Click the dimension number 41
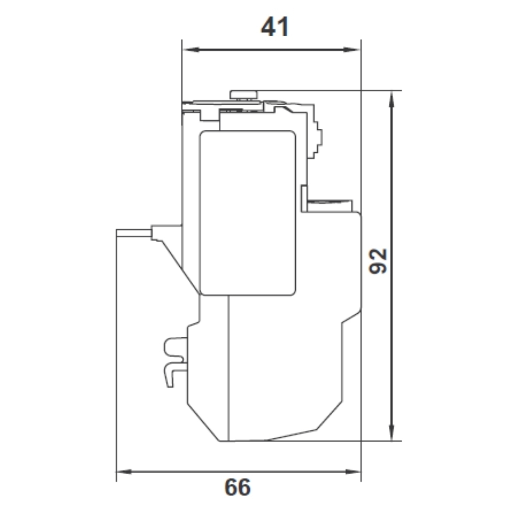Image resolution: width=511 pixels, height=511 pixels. click(x=275, y=27)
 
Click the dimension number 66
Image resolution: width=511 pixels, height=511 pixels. click(x=238, y=487)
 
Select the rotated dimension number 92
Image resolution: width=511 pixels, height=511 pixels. click(x=378, y=261)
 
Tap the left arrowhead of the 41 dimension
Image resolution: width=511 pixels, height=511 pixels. click(x=191, y=50)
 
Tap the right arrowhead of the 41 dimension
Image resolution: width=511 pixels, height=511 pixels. click(x=352, y=50)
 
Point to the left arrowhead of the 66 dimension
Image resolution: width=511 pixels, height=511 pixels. click(x=125, y=472)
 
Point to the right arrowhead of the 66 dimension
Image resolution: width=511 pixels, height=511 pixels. click(x=353, y=472)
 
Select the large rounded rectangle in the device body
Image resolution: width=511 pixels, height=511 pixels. click(x=248, y=213)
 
